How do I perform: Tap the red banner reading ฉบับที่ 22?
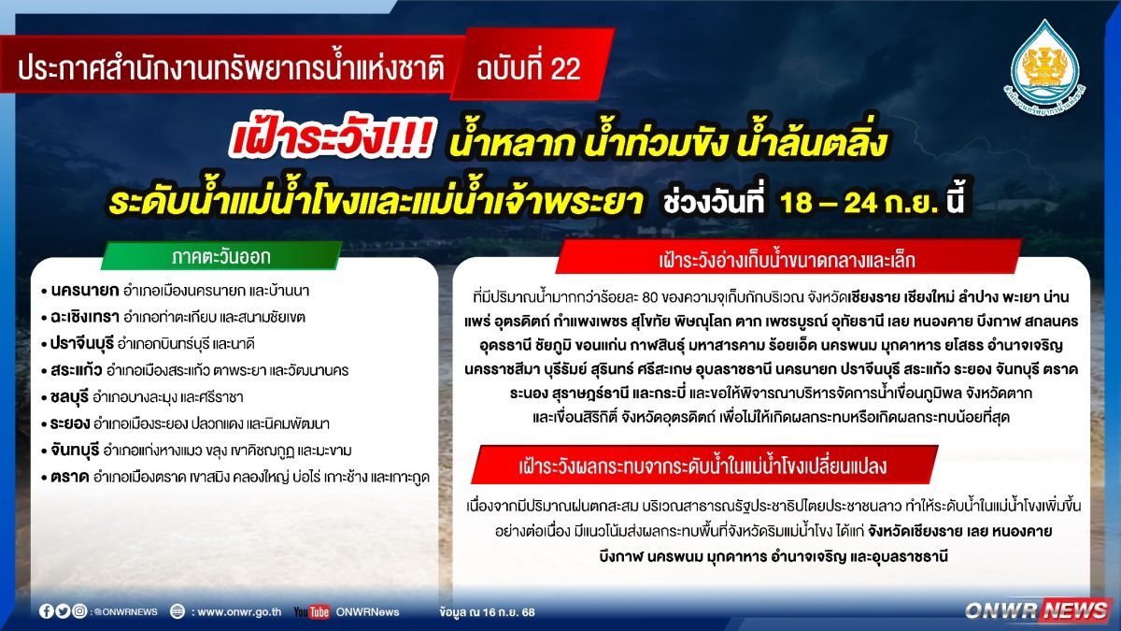point(532,65)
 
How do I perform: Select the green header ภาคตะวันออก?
point(221,256)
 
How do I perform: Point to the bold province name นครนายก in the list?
point(85,291)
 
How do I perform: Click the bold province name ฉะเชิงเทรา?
point(85,318)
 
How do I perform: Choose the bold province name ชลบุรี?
point(69,397)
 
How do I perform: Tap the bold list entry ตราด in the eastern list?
point(69,478)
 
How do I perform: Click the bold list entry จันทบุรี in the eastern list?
point(75,451)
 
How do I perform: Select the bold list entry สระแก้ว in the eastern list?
point(77,370)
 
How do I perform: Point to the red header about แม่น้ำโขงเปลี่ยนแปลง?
point(703,466)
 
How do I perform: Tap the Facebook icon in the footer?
point(47,611)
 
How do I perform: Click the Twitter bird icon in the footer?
point(64,611)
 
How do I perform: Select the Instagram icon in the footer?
point(79,611)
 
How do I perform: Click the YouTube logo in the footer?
point(311,611)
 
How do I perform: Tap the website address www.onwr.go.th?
point(239,612)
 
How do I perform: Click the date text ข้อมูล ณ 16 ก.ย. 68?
point(487,612)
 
